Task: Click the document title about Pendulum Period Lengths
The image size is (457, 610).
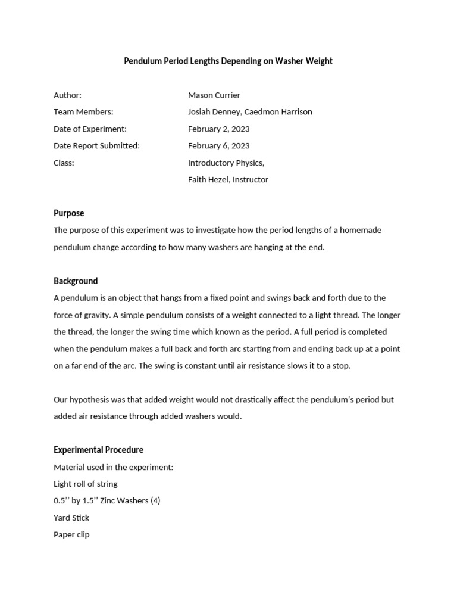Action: pyautogui.click(x=228, y=61)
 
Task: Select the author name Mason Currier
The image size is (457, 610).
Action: pyautogui.click(x=214, y=95)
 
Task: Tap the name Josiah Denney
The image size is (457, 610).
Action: pyautogui.click(x=214, y=112)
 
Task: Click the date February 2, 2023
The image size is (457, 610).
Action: pyautogui.click(x=218, y=129)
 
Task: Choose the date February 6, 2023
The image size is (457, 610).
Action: pyautogui.click(x=218, y=146)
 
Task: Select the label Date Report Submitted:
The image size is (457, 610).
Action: pyautogui.click(x=96, y=146)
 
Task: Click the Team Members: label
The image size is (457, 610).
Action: pyautogui.click(x=83, y=112)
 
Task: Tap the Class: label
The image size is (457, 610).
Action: pyautogui.click(x=64, y=163)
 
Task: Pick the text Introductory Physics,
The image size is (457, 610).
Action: pyautogui.click(x=226, y=163)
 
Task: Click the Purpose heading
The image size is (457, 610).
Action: pyautogui.click(x=68, y=213)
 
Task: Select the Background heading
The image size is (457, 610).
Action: pyautogui.click(x=76, y=281)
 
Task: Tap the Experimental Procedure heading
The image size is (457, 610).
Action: pyautogui.click(x=98, y=450)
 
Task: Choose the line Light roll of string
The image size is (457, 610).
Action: pyautogui.click(x=85, y=484)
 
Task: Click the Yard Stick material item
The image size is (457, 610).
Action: pyautogui.click(x=71, y=518)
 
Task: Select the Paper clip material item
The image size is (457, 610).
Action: pyautogui.click(x=71, y=534)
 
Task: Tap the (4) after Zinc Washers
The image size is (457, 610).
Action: pyautogui.click(x=154, y=500)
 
